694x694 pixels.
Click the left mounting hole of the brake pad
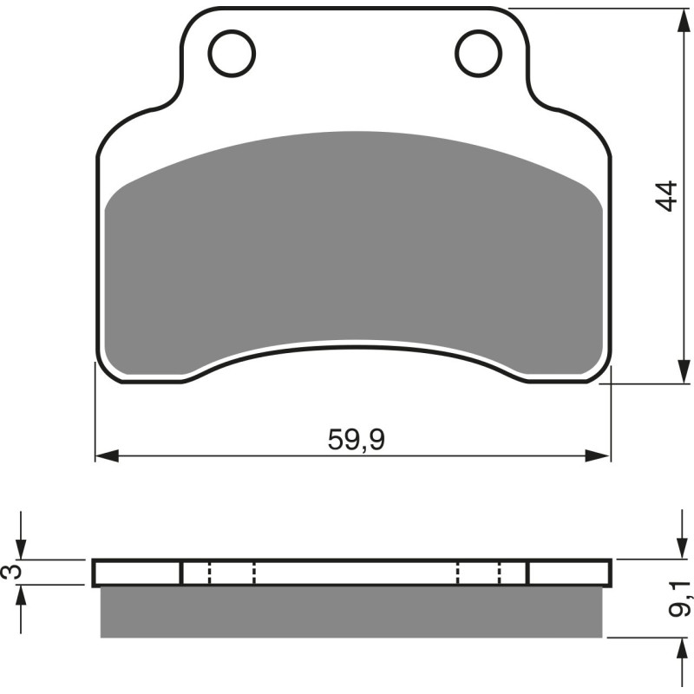click(x=232, y=53)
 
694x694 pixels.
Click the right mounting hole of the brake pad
click(x=479, y=53)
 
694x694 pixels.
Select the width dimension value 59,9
click(x=356, y=441)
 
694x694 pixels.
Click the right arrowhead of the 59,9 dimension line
click(x=600, y=455)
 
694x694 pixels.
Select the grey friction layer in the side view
click(x=351, y=612)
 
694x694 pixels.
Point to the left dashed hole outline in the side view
click(x=232, y=573)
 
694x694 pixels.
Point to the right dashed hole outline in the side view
click(x=479, y=573)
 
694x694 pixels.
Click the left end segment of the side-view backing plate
click(x=136, y=573)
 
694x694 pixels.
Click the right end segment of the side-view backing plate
click(x=569, y=573)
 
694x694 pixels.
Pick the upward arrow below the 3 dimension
click(x=23, y=597)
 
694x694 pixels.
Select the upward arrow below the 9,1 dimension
click(x=677, y=650)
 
